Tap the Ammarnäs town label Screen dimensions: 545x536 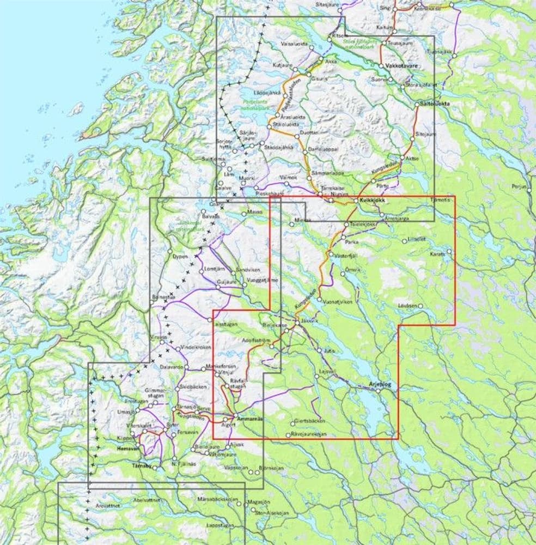click(251, 419)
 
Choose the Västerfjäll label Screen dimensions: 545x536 click(346, 255)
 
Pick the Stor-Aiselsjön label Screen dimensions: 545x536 click(274, 513)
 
